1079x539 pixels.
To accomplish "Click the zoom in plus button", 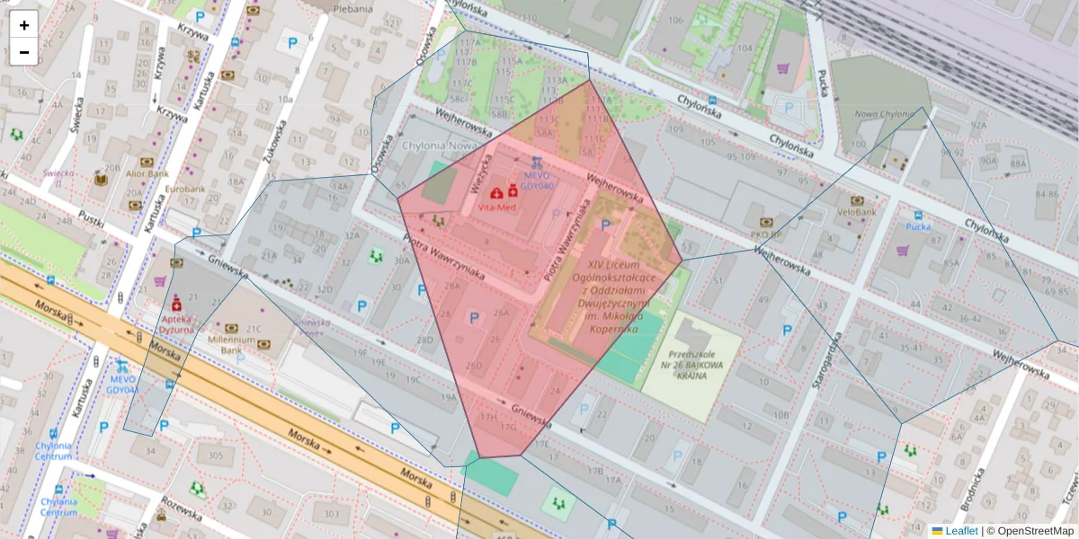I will click(24, 25).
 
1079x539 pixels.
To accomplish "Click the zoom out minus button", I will click(24, 52).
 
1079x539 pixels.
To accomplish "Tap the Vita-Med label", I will click(497, 208).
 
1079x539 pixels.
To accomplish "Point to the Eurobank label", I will click(185, 190).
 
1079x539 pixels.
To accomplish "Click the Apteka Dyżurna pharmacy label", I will click(177, 323).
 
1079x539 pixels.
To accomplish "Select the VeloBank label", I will click(856, 212).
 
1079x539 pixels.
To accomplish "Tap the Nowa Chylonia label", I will click(883, 114).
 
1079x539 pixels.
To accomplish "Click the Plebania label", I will click(352, 9).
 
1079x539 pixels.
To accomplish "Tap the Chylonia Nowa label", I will click(438, 146).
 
